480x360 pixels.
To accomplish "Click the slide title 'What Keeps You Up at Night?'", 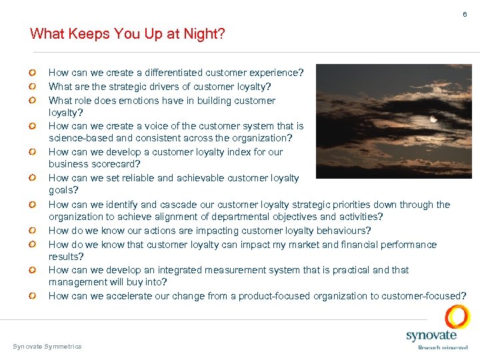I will [127, 33].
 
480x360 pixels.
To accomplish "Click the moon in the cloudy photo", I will [433, 119].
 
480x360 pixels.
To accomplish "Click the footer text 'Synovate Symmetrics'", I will [47, 346].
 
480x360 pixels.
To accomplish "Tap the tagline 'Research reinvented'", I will [443, 347].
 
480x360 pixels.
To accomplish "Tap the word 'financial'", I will [339, 245].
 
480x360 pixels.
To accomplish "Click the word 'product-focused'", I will [275, 296].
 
